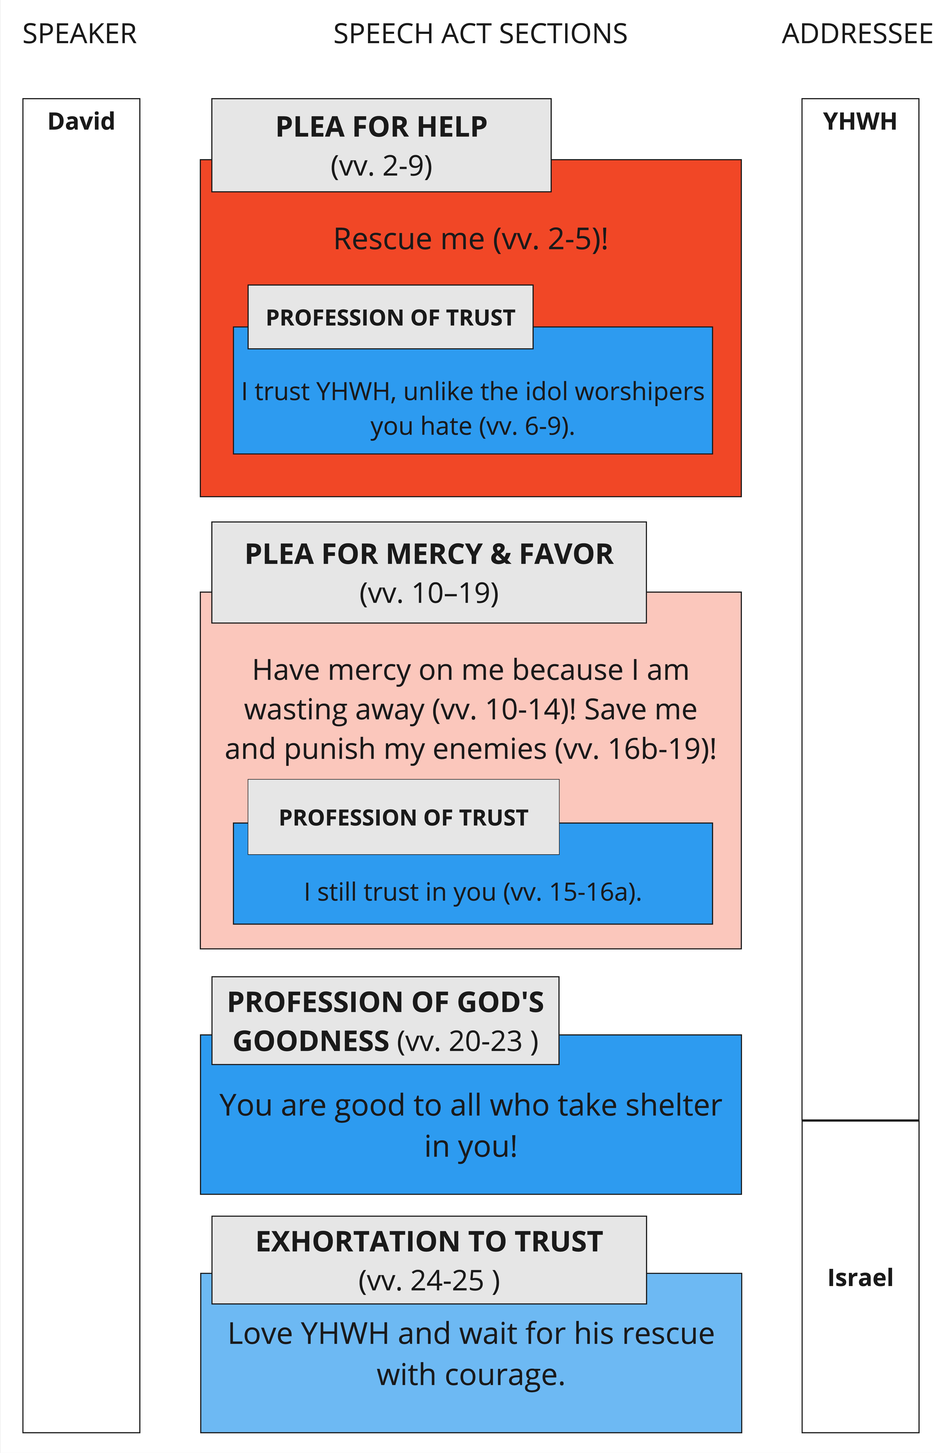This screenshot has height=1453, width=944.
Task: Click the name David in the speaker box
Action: click(81, 121)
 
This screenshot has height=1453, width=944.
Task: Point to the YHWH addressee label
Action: click(860, 121)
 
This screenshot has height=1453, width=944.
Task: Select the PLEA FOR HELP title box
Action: click(381, 145)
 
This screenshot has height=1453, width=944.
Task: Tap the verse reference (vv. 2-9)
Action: click(381, 166)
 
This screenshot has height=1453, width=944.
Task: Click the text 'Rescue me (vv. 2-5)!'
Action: click(471, 239)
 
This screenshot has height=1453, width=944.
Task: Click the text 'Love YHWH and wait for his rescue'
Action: click(471, 1333)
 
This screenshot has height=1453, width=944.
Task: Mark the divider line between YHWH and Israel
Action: click(860, 1120)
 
